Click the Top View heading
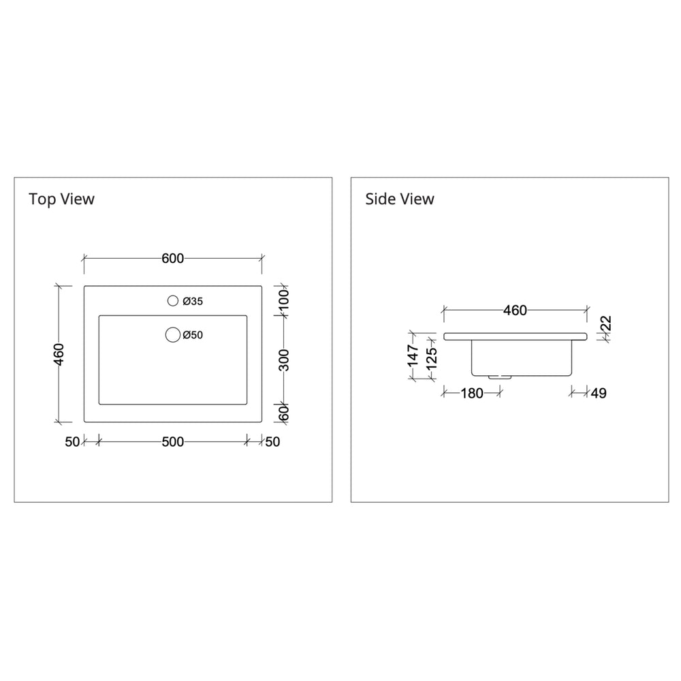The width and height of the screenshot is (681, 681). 61,199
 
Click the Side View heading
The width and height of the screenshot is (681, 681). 399,199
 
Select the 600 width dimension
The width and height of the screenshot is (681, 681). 173,258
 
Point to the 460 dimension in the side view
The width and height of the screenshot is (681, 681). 515,311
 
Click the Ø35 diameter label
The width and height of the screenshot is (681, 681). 193,301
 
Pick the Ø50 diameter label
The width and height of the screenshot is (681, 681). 194,335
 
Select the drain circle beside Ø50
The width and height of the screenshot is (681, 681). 173,334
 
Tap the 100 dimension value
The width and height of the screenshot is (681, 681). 285,300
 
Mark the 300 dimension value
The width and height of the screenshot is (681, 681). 285,360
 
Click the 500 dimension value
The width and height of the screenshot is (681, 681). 173,442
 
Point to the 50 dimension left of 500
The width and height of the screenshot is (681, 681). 73,442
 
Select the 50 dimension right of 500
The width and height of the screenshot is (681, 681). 272,442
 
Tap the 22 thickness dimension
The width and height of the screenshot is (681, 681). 605,323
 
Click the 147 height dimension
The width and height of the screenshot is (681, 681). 413,355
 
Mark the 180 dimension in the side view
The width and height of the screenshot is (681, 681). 471,393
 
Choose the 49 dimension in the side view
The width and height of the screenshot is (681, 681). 599,393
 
